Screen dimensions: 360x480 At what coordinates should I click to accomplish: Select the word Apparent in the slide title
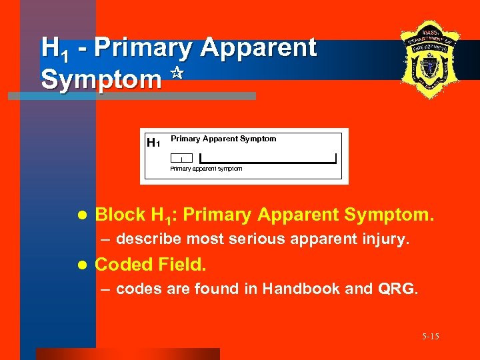[x=258, y=48]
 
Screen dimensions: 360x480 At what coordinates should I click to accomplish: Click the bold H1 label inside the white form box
[x=153, y=142]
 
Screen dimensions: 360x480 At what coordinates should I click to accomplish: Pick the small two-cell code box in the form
[x=181, y=158]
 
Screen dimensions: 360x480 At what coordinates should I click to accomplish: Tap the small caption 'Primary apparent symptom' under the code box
[x=206, y=169]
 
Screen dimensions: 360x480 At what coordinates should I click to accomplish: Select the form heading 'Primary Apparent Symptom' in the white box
[x=223, y=139]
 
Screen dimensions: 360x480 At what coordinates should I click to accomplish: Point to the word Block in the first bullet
[x=120, y=215]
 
